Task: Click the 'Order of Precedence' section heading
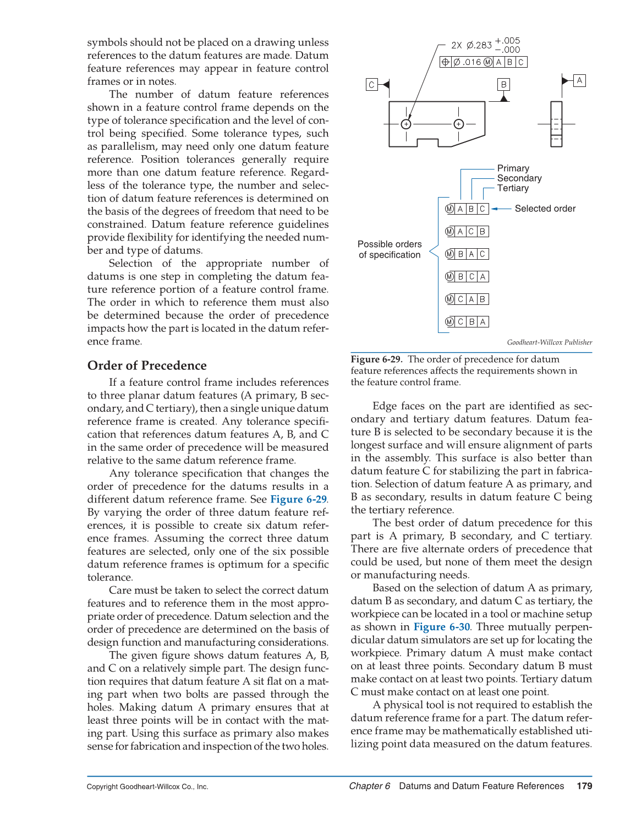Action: click(147, 365)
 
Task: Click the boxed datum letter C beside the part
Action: click(372, 85)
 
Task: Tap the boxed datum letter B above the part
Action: click(503, 84)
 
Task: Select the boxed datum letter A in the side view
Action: click(579, 80)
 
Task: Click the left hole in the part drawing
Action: click(406, 124)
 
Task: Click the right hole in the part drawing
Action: click(459, 124)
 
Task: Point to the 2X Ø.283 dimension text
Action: click(471, 45)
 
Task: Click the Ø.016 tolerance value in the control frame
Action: click(467, 62)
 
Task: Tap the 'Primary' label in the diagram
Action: click(513, 168)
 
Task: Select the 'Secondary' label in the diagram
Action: click(519, 178)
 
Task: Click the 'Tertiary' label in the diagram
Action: click(513, 188)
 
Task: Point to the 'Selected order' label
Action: click(545, 209)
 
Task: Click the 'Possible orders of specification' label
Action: click(390, 249)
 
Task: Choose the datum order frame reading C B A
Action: click(467, 322)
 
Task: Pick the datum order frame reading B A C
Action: click(467, 254)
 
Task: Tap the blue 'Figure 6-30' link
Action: click(441, 627)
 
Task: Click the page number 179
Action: click(584, 786)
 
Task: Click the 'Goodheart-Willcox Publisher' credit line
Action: click(549, 342)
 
